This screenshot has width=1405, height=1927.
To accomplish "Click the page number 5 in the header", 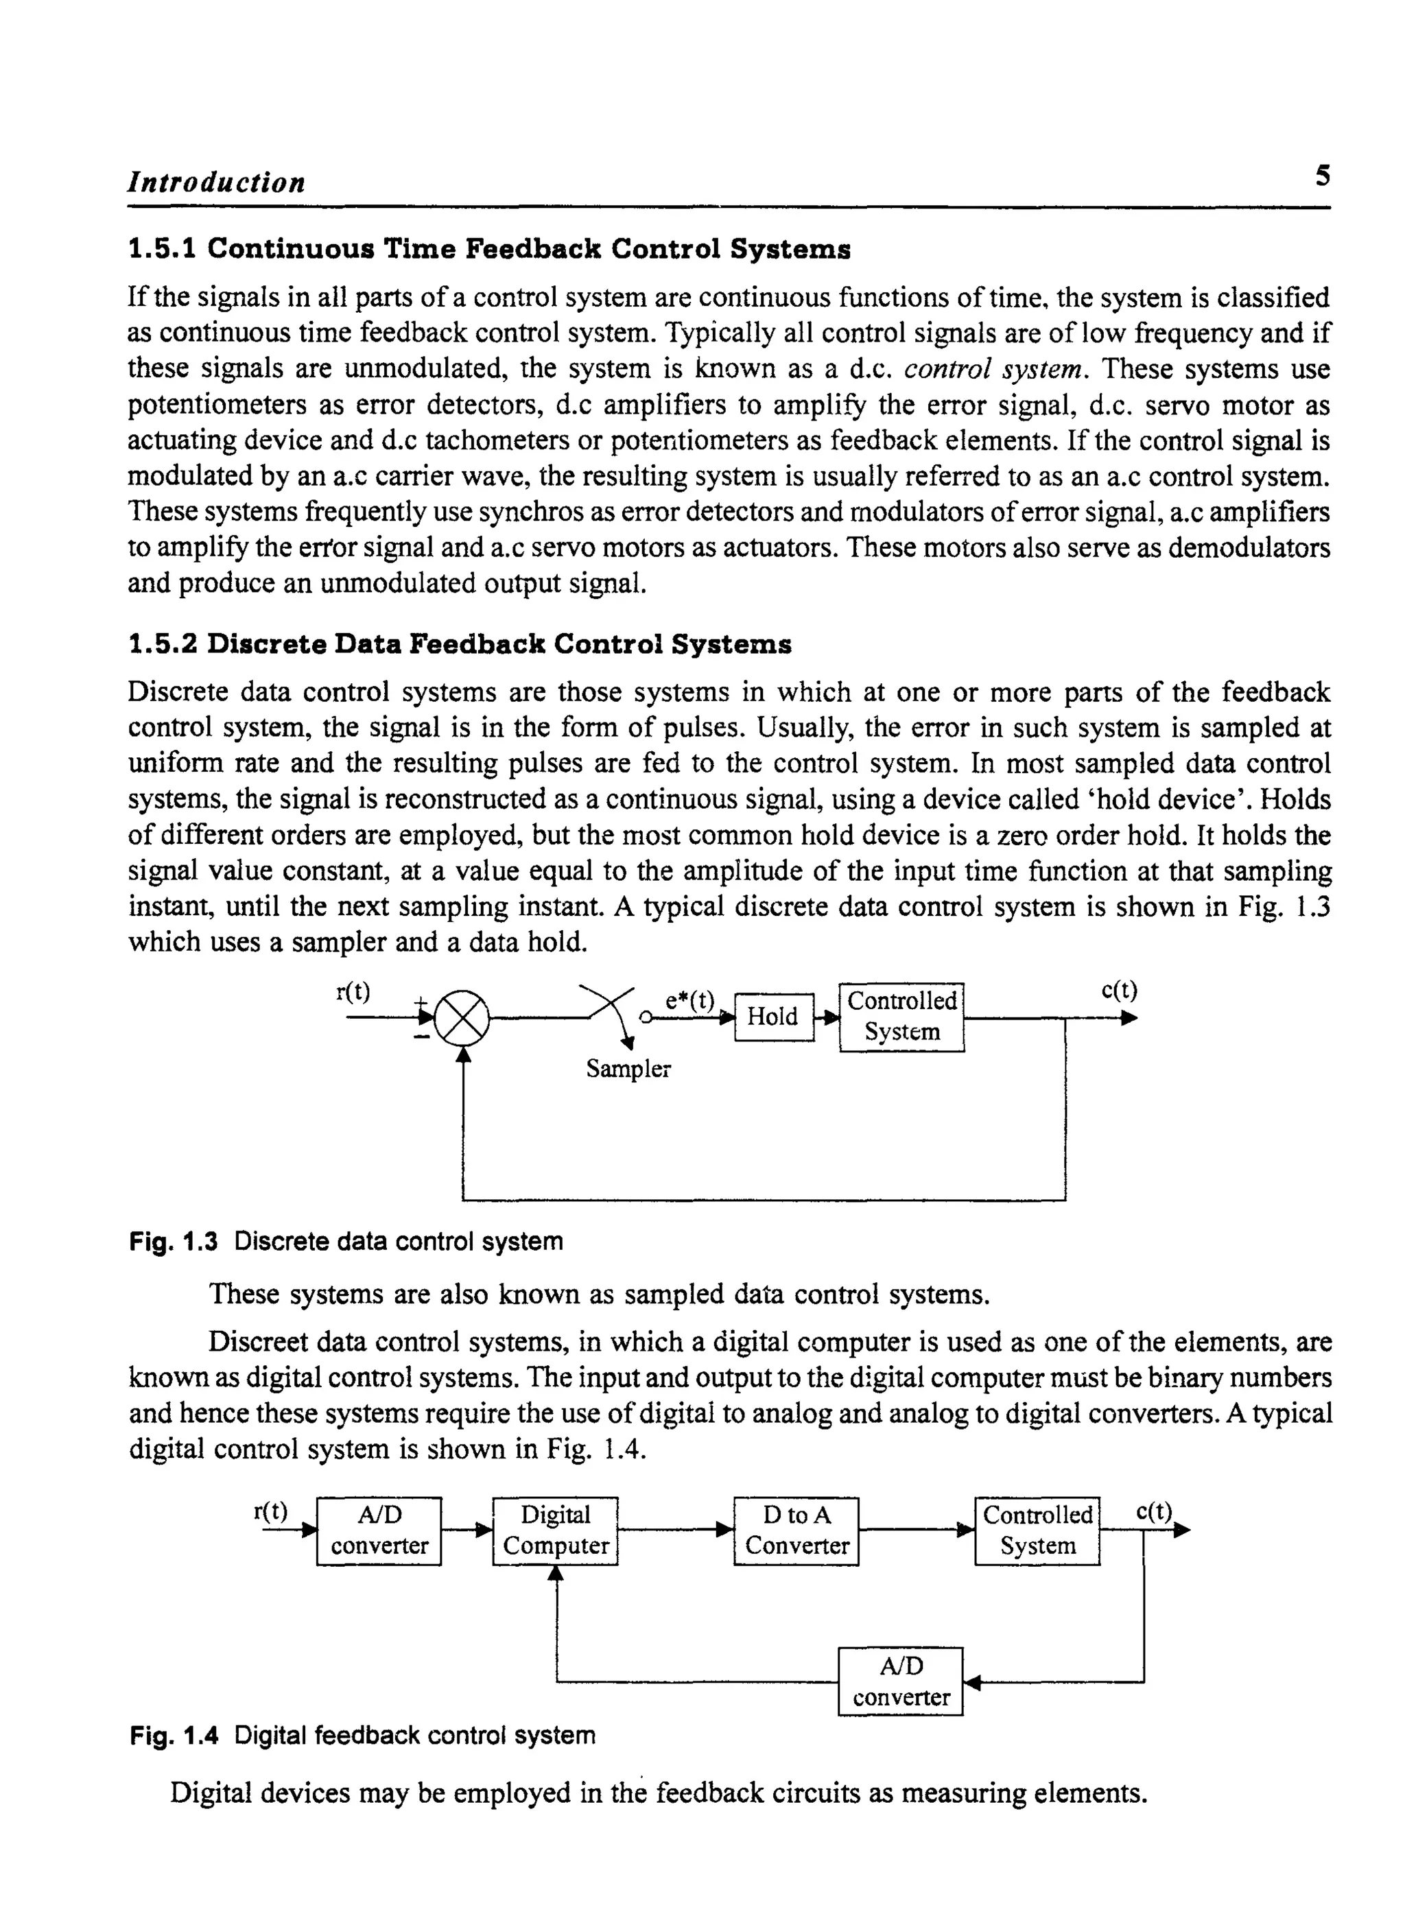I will [x=1322, y=176].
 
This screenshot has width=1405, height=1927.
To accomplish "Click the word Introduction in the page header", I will [x=216, y=182].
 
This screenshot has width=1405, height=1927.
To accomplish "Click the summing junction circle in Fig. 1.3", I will [x=462, y=1018].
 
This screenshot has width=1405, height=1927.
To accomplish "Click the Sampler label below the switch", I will [x=628, y=1069].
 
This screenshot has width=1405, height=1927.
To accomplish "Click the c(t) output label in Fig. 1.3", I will [x=1118, y=991].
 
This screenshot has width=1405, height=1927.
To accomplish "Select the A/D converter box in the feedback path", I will [x=901, y=1681].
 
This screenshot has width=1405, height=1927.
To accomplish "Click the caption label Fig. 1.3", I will [x=174, y=1242].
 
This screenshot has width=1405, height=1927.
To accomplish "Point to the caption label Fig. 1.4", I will [x=174, y=1736].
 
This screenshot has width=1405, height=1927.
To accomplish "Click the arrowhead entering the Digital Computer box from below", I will [x=556, y=1573].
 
